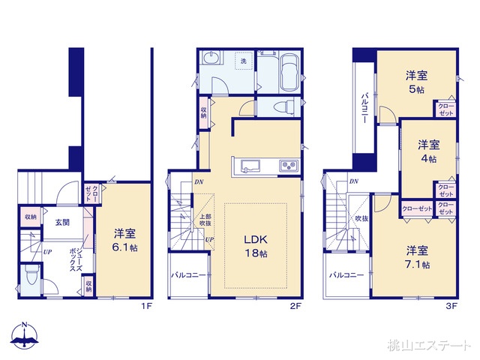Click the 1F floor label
(x=143, y=306)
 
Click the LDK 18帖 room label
(x=254, y=247)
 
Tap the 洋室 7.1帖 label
(x=418, y=257)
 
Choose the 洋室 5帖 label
(x=416, y=82)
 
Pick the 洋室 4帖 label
(x=428, y=151)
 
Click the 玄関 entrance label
(x=61, y=222)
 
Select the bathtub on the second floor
(x=289, y=72)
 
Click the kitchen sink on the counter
(x=248, y=166)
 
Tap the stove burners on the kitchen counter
(x=289, y=166)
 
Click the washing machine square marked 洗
(x=243, y=60)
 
